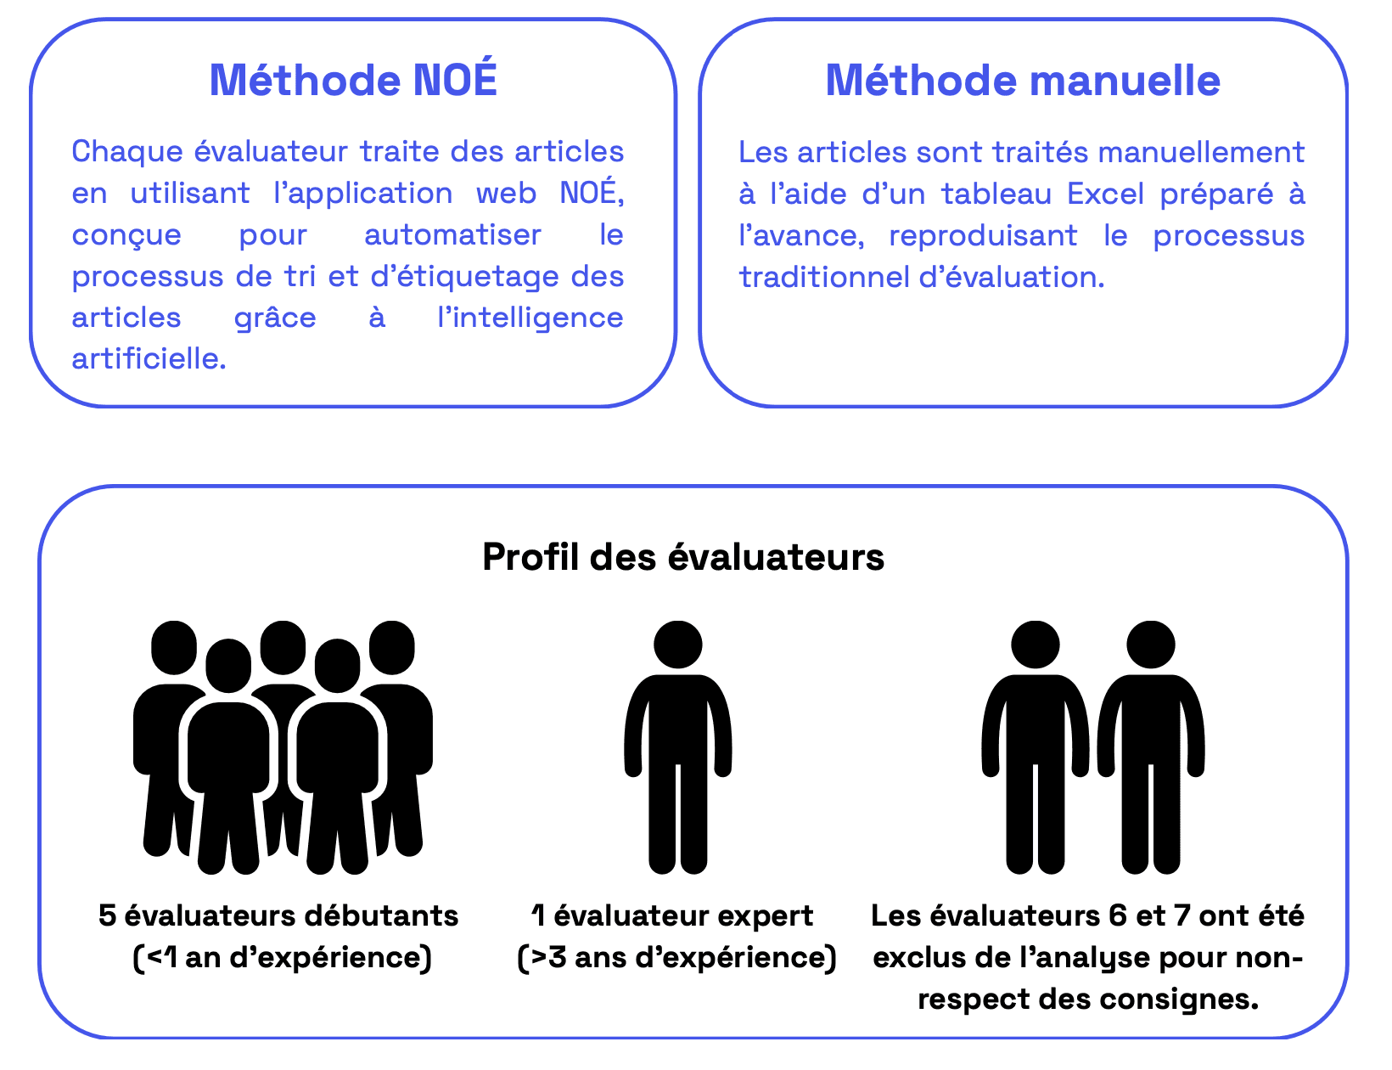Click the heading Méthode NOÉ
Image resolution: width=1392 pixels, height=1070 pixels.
[x=353, y=80]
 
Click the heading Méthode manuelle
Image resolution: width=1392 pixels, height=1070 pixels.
[x=1023, y=80]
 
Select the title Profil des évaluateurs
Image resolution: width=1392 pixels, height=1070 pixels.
[x=683, y=557]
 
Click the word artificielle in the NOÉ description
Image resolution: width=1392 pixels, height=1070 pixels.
[x=149, y=358]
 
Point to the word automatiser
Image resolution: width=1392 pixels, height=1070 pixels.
[x=452, y=234]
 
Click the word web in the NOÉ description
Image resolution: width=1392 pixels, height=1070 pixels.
[x=507, y=193]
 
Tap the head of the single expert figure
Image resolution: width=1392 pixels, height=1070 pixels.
[x=678, y=645]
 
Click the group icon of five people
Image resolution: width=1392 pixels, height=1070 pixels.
[x=283, y=747]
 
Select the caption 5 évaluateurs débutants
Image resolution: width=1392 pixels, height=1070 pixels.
[x=278, y=915]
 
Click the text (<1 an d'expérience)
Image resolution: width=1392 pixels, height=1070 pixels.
[x=283, y=957]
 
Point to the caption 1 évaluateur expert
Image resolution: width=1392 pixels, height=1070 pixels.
[x=673, y=915]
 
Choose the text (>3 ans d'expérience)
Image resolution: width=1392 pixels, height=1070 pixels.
[x=676, y=957]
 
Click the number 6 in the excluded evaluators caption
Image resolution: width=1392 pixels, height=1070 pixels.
[x=1117, y=915]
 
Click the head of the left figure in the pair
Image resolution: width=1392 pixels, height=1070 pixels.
[x=1036, y=645]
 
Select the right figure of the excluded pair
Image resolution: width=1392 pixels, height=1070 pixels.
[x=1151, y=747]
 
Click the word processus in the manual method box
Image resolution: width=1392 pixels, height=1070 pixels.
[x=1228, y=235]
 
